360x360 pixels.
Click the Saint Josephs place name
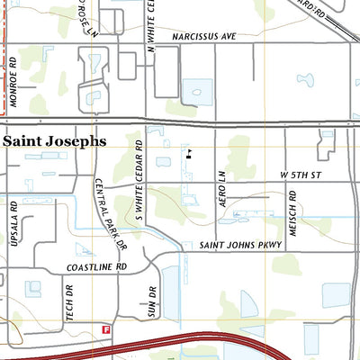click(x=54, y=141)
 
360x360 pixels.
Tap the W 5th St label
click(x=300, y=173)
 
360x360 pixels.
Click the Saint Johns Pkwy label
click(x=240, y=245)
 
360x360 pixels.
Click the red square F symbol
click(x=106, y=329)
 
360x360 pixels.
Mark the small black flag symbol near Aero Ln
click(x=189, y=154)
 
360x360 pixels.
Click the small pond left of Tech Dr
click(x=33, y=289)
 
